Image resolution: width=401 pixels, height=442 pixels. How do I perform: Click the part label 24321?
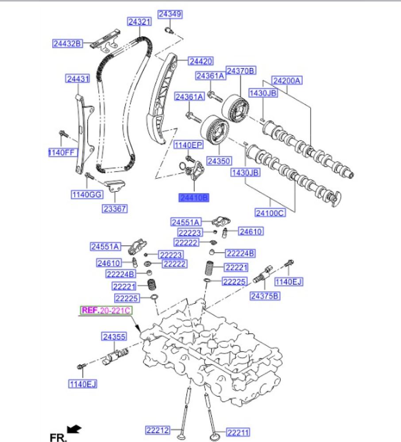coord(140,21)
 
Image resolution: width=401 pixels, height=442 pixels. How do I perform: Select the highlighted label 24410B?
coord(193,198)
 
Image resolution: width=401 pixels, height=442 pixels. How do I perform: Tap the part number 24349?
coord(170,15)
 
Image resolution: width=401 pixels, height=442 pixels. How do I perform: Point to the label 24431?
coord(78,79)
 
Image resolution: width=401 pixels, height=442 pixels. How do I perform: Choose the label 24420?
coord(200,61)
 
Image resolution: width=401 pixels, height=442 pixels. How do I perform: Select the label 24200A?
coord(287,80)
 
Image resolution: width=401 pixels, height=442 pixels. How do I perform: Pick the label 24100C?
coord(270,213)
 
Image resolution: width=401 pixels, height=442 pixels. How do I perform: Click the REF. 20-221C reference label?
coord(106,311)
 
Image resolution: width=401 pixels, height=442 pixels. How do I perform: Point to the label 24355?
coord(114,337)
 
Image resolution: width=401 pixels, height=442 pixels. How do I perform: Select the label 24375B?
coord(265,296)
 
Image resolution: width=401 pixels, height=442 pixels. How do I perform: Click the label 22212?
coord(158,429)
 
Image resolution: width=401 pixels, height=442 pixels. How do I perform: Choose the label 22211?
coord(238,431)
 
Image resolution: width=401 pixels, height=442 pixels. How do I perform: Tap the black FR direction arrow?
coord(74,428)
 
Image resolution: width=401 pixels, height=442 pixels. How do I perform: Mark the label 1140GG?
coord(85,194)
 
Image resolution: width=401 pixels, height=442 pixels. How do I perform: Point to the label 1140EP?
coord(188,145)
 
